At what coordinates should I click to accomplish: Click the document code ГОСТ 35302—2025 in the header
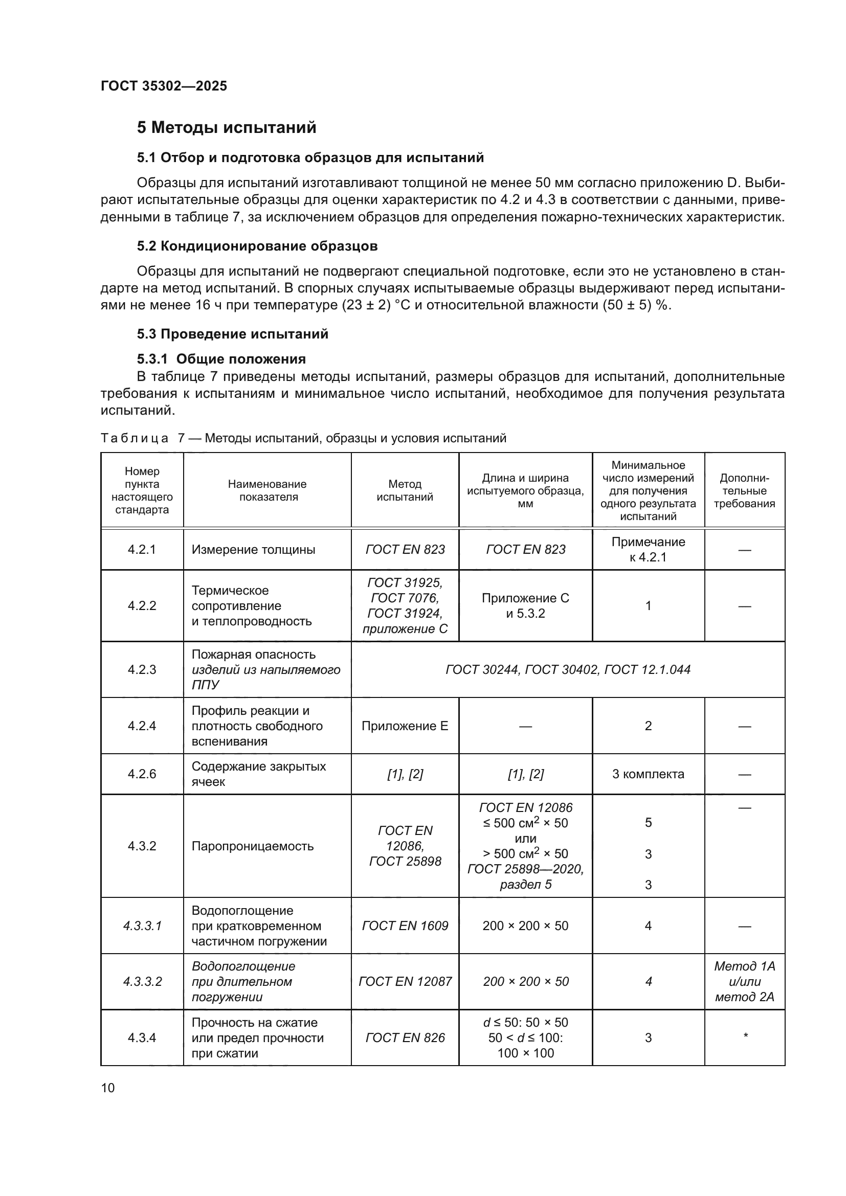coord(164,86)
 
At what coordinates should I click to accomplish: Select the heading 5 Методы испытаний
coord(227,128)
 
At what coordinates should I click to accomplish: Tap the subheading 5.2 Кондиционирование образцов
coord(257,246)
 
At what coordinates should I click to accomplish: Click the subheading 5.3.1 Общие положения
coord(221,359)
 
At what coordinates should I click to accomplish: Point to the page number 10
coord(108,1088)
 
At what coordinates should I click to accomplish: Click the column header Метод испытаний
coord(405,490)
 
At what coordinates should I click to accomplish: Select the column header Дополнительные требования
coord(744,490)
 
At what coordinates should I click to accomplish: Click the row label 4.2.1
coord(142,550)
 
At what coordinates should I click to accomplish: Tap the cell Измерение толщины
coord(253,550)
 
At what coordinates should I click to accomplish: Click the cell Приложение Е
coord(405,726)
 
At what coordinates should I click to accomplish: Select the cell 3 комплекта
coord(648,774)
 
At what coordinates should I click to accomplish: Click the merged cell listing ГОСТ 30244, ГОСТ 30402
coord(568,669)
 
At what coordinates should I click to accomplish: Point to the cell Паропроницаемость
coord(253,846)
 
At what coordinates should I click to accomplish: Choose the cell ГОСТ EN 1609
coord(405,926)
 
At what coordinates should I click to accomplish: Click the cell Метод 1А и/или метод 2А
coord(744,981)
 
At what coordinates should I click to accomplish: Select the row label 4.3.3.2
coord(142,981)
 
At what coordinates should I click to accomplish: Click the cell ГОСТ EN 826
coord(405,1037)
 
